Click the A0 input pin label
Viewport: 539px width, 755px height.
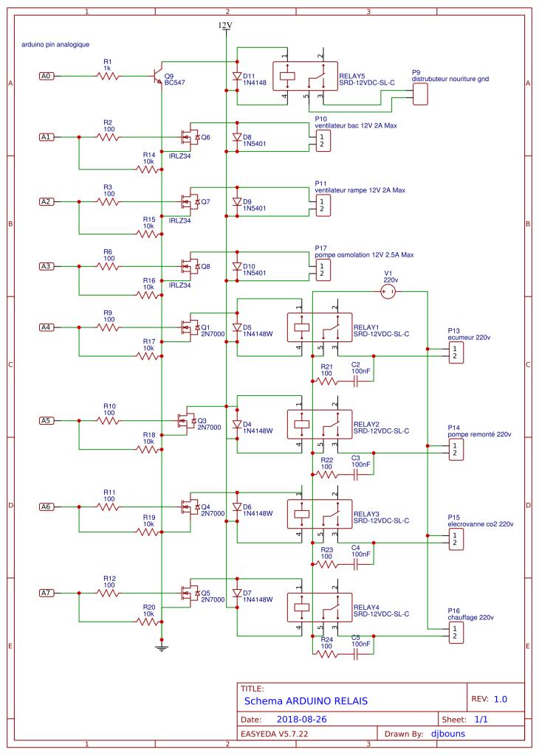click(46, 75)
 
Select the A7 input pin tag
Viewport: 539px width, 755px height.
click(46, 592)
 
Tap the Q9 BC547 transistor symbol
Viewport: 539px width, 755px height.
click(157, 76)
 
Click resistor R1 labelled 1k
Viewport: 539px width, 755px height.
click(108, 75)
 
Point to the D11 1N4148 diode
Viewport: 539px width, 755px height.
click(236, 75)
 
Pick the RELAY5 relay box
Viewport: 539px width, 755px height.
click(306, 76)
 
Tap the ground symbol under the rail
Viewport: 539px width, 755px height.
click(160, 647)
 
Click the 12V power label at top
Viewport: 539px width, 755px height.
click(225, 25)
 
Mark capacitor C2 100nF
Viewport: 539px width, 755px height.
click(356, 380)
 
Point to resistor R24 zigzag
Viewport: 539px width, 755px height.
click(326, 654)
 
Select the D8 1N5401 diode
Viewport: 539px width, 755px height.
click(236, 137)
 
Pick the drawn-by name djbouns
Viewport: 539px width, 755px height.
click(447, 734)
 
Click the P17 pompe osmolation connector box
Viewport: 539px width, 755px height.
click(321, 270)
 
